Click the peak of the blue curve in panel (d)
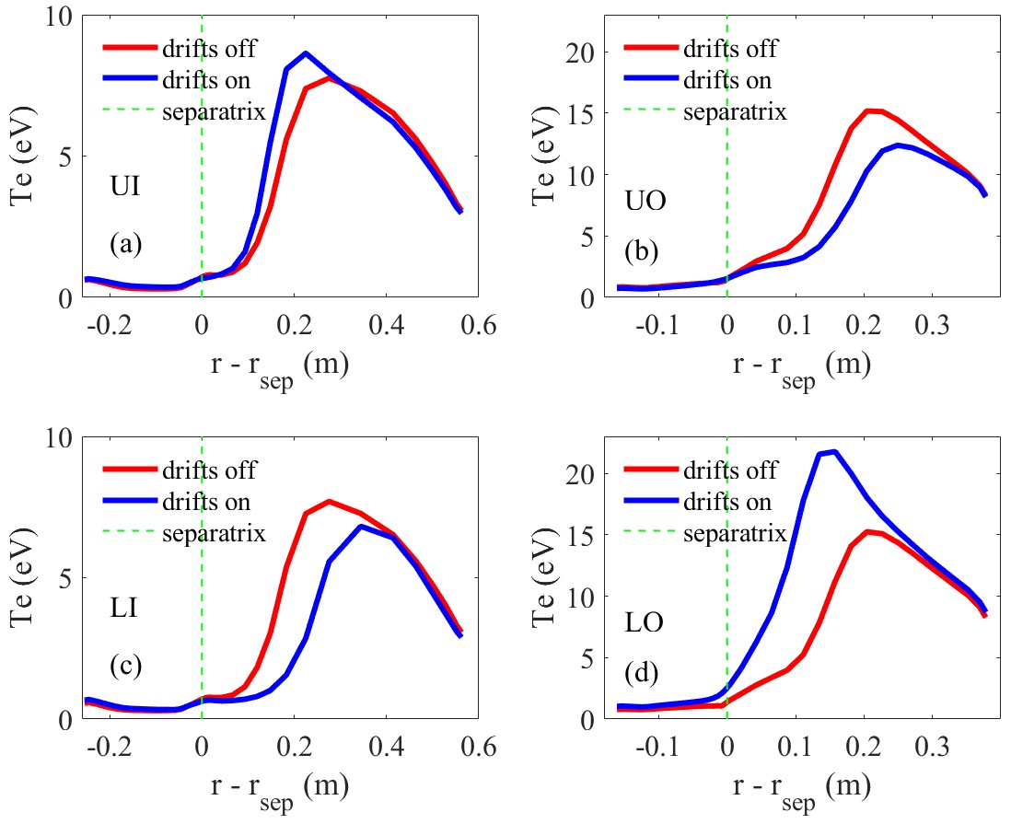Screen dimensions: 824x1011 834,451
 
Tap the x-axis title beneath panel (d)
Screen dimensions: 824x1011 797,786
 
